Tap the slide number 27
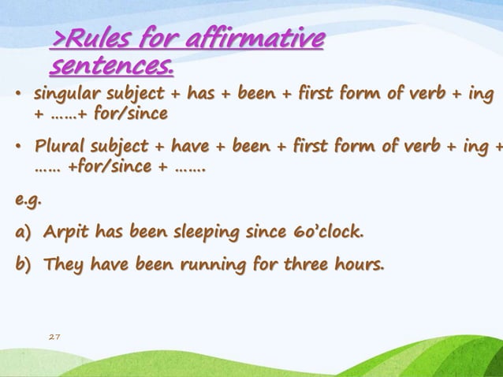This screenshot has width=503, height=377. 54,337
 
